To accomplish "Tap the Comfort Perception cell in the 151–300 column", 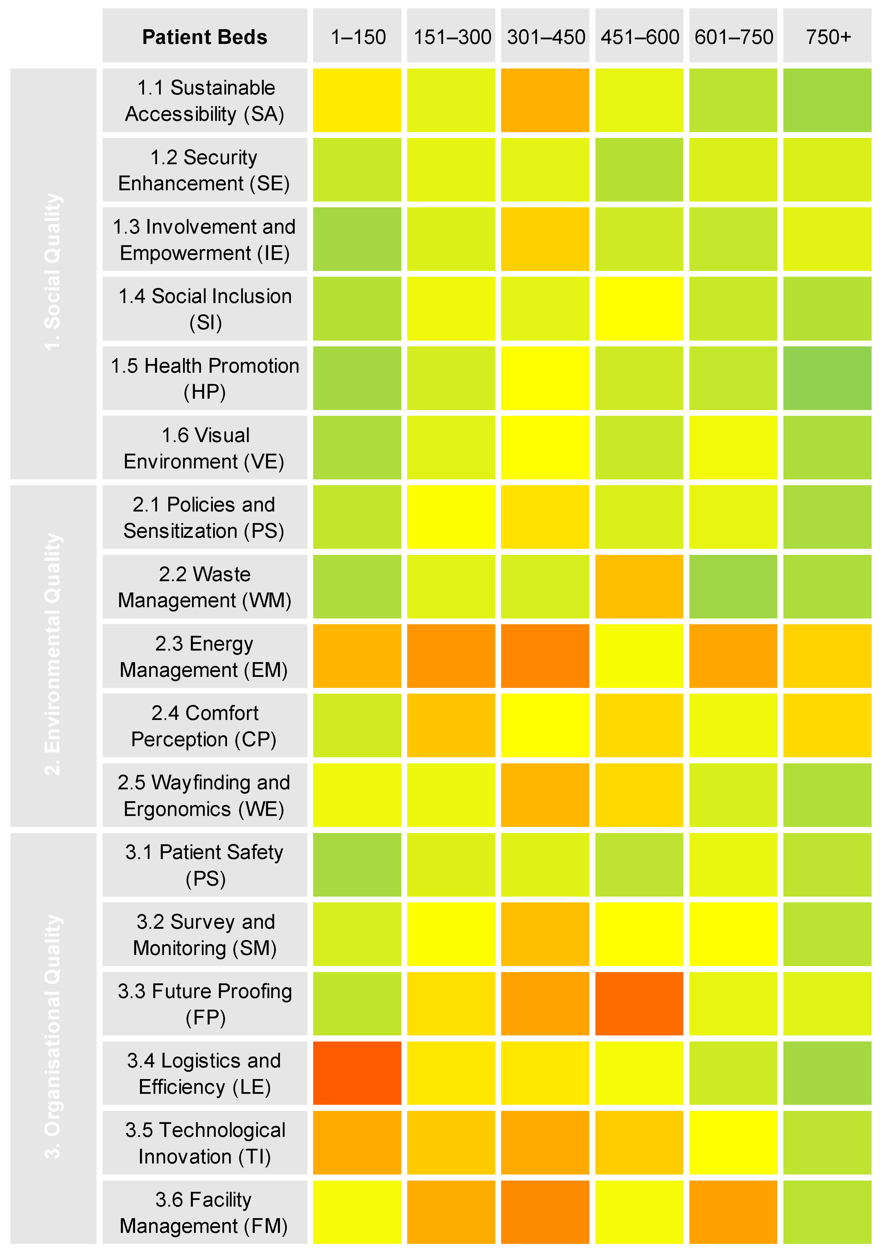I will (x=451, y=725).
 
